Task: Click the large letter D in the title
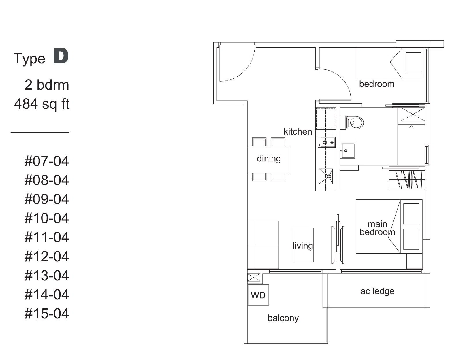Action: tap(61, 56)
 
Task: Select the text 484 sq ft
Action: tap(42, 104)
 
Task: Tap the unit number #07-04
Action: tap(47, 161)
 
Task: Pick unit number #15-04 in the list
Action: tap(47, 314)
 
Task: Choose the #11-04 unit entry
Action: tap(47, 237)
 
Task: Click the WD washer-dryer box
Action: tap(258, 295)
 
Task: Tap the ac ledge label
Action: tap(377, 291)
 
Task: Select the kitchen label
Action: tap(298, 131)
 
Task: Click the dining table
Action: tap(268, 159)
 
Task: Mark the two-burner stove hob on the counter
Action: tap(327, 142)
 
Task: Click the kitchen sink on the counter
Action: tap(325, 176)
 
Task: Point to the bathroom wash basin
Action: tap(347, 150)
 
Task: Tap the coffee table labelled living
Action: tap(303, 245)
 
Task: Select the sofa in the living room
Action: tap(263, 245)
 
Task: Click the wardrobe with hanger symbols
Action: tap(407, 180)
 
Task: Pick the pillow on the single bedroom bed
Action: tap(413, 63)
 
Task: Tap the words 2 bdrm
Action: tap(47, 85)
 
